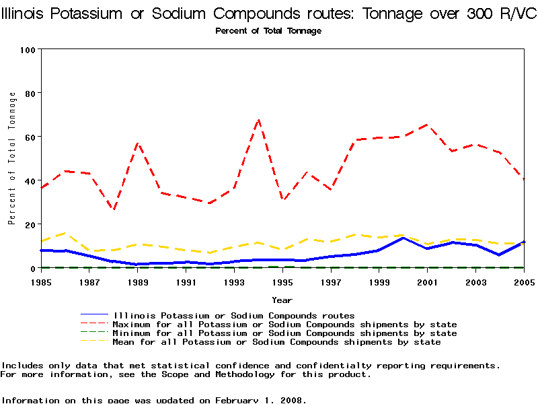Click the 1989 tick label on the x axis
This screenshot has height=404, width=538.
(137, 281)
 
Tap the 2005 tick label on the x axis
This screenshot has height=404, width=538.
(524, 281)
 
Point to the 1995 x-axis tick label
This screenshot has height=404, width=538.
(282, 281)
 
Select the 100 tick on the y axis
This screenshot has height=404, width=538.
(28, 50)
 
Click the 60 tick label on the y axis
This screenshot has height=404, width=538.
(30, 137)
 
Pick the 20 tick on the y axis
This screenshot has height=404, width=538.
(30, 224)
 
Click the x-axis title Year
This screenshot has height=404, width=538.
(282, 300)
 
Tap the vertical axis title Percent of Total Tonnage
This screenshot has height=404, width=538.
(12, 158)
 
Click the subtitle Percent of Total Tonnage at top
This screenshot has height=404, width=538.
(268, 31)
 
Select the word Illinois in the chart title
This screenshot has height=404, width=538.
(28, 15)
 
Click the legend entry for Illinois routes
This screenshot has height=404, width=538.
(234, 315)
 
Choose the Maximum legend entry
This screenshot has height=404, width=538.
(285, 325)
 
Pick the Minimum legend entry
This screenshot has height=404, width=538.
(285, 333)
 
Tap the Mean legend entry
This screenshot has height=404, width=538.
(277, 342)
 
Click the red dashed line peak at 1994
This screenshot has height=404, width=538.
(258, 120)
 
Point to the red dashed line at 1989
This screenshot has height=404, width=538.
(137, 143)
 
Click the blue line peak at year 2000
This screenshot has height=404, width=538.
(403, 238)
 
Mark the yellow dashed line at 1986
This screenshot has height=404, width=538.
(65, 233)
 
